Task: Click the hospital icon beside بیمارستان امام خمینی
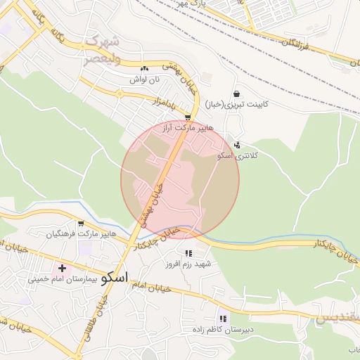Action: pos(62,268)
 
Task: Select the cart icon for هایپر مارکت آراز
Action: pos(188,117)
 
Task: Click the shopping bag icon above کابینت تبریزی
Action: pos(236,94)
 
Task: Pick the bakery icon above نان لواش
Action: pos(144,69)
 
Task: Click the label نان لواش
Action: pos(143,80)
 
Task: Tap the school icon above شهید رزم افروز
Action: pos(188,253)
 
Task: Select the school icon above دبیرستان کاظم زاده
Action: pos(223,319)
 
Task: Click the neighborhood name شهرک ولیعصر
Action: pos(103,51)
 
